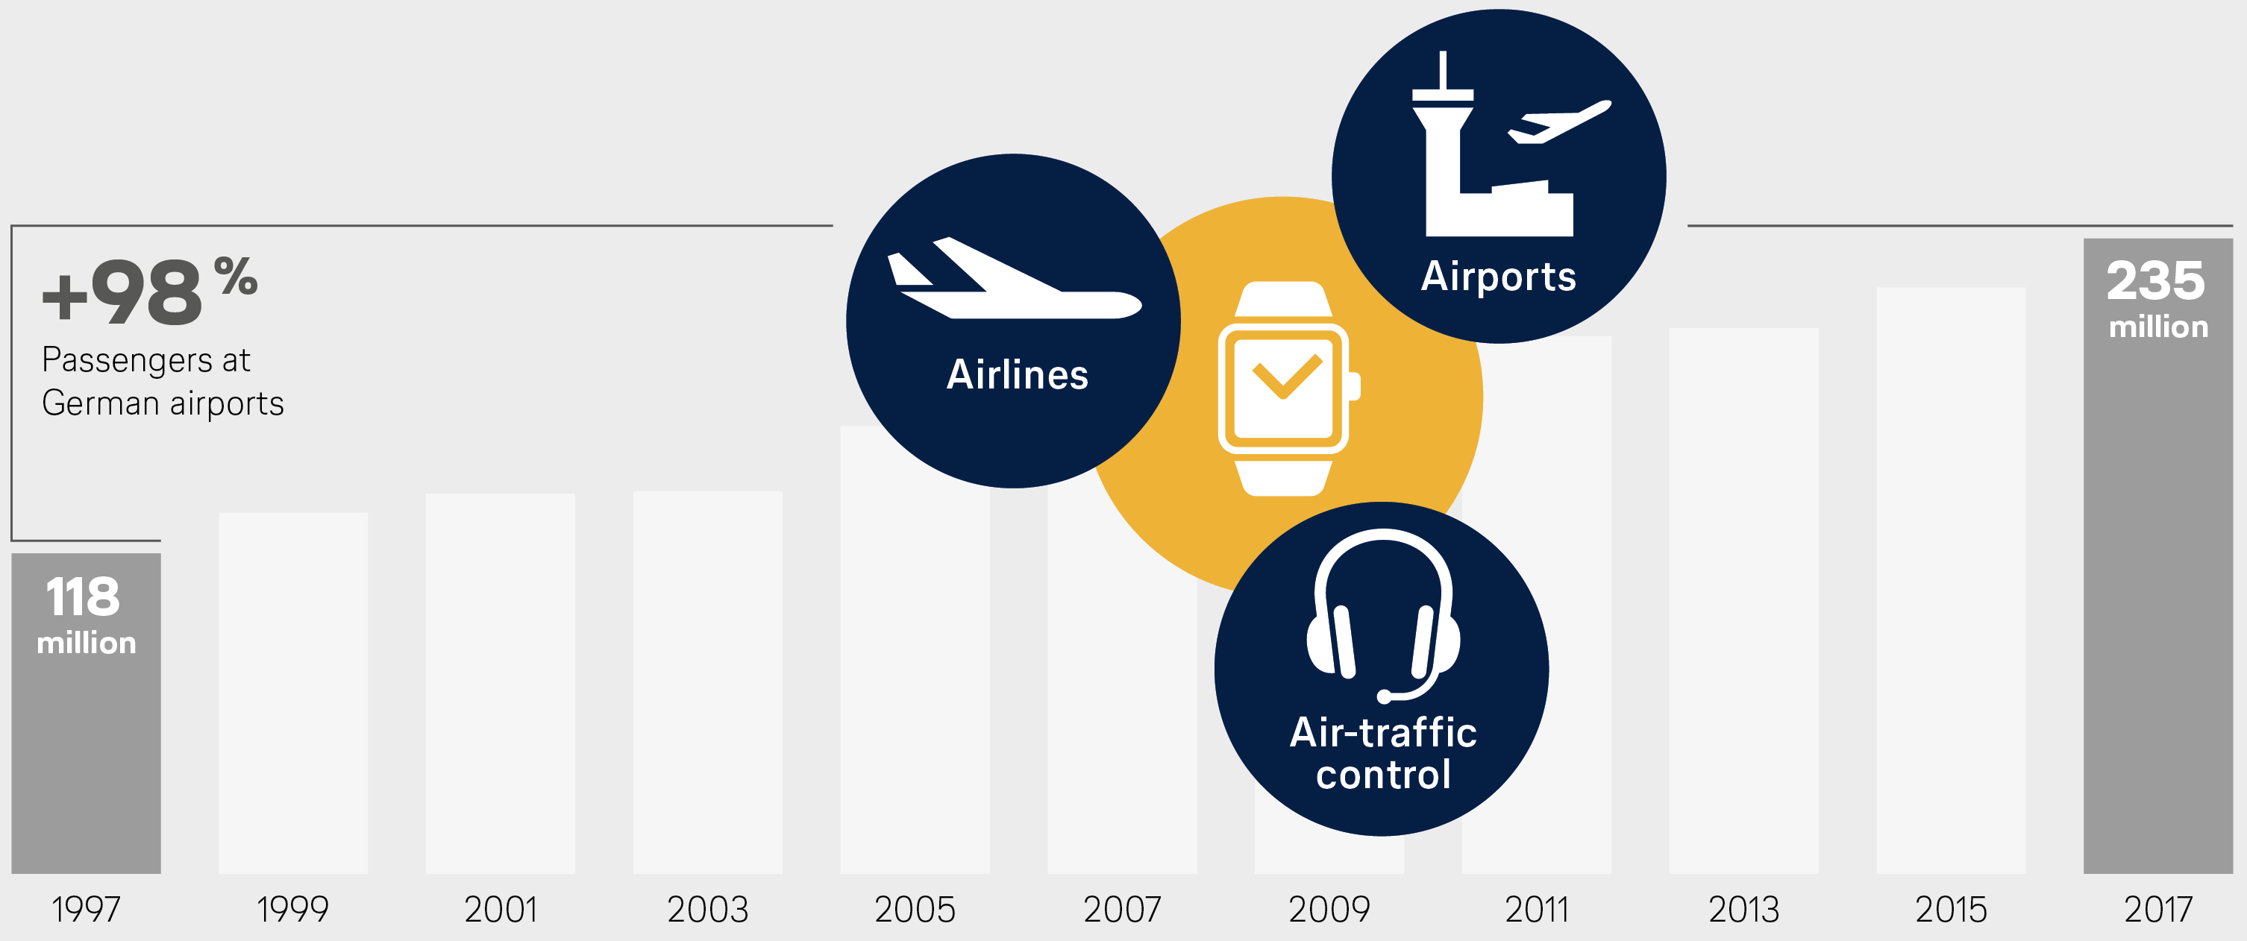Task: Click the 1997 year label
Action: pyautogui.click(x=86, y=910)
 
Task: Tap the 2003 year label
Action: pyautogui.click(x=707, y=910)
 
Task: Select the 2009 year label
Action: pyautogui.click(x=1329, y=910)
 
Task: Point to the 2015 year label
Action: pyautogui.click(x=1950, y=910)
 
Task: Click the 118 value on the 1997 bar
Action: pyautogui.click(x=83, y=597)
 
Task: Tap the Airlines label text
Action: pyautogui.click(x=1017, y=374)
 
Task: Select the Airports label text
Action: pyautogui.click(x=1499, y=277)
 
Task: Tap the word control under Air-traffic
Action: pyautogui.click(x=1383, y=775)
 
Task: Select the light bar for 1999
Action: pyautogui.click(x=293, y=693)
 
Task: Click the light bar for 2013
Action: pyautogui.click(x=1743, y=601)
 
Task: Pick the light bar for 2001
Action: pyautogui.click(x=501, y=684)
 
